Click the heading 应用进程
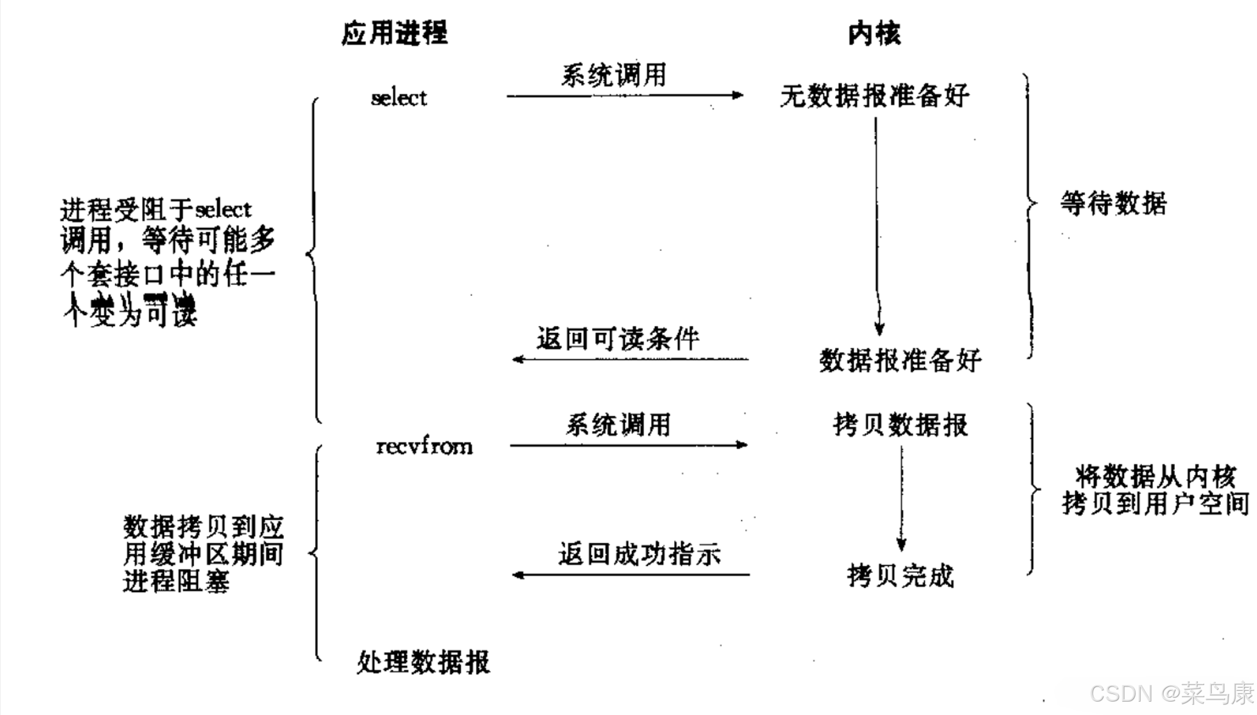[x=395, y=33]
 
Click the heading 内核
[x=874, y=33]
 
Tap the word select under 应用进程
[x=399, y=98]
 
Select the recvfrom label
[x=425, y=446]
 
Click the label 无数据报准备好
[x=874, y=96]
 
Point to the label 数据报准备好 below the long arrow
[x=900, y=361]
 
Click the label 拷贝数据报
[x=901, y=425]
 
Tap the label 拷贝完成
[x=901, y=576]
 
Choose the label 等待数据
[x=1114, y=204]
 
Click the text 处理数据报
[x=423, y=662]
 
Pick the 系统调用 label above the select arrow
[x=614, y=75]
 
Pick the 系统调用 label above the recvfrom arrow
[x=619, y=425]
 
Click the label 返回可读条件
[x=618, y=339]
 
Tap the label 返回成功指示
[x=640, y=555]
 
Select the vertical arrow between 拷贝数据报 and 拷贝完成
[x=901, y=497]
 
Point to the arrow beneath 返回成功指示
[x=630, y=575]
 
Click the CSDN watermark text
[x=1171, y=693]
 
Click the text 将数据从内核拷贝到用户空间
[x=1155, y=490]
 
